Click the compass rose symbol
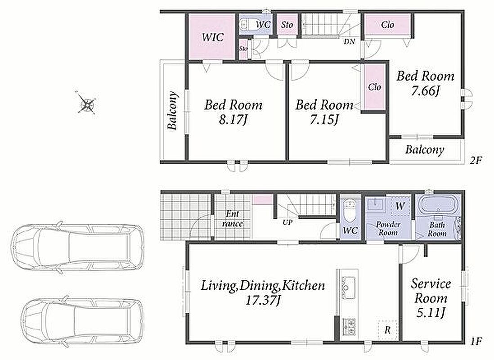(x=86, y=102)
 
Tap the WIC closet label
(x=213, y=37)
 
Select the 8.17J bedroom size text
(x=233, y=119)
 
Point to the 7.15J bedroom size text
(x=324, y=119)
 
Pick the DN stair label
(x=349, y=41)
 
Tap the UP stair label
(x=287, y=222)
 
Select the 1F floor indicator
(x=476, y=341)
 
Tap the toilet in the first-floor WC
(x=350, y=211)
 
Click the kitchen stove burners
(x=348, y=327)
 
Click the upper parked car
(x=77, y=247)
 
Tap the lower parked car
(x=81, y=321)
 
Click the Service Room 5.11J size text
(x=431, y=313)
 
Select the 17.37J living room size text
(x=263, y=300)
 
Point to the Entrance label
(x=233, y=218)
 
